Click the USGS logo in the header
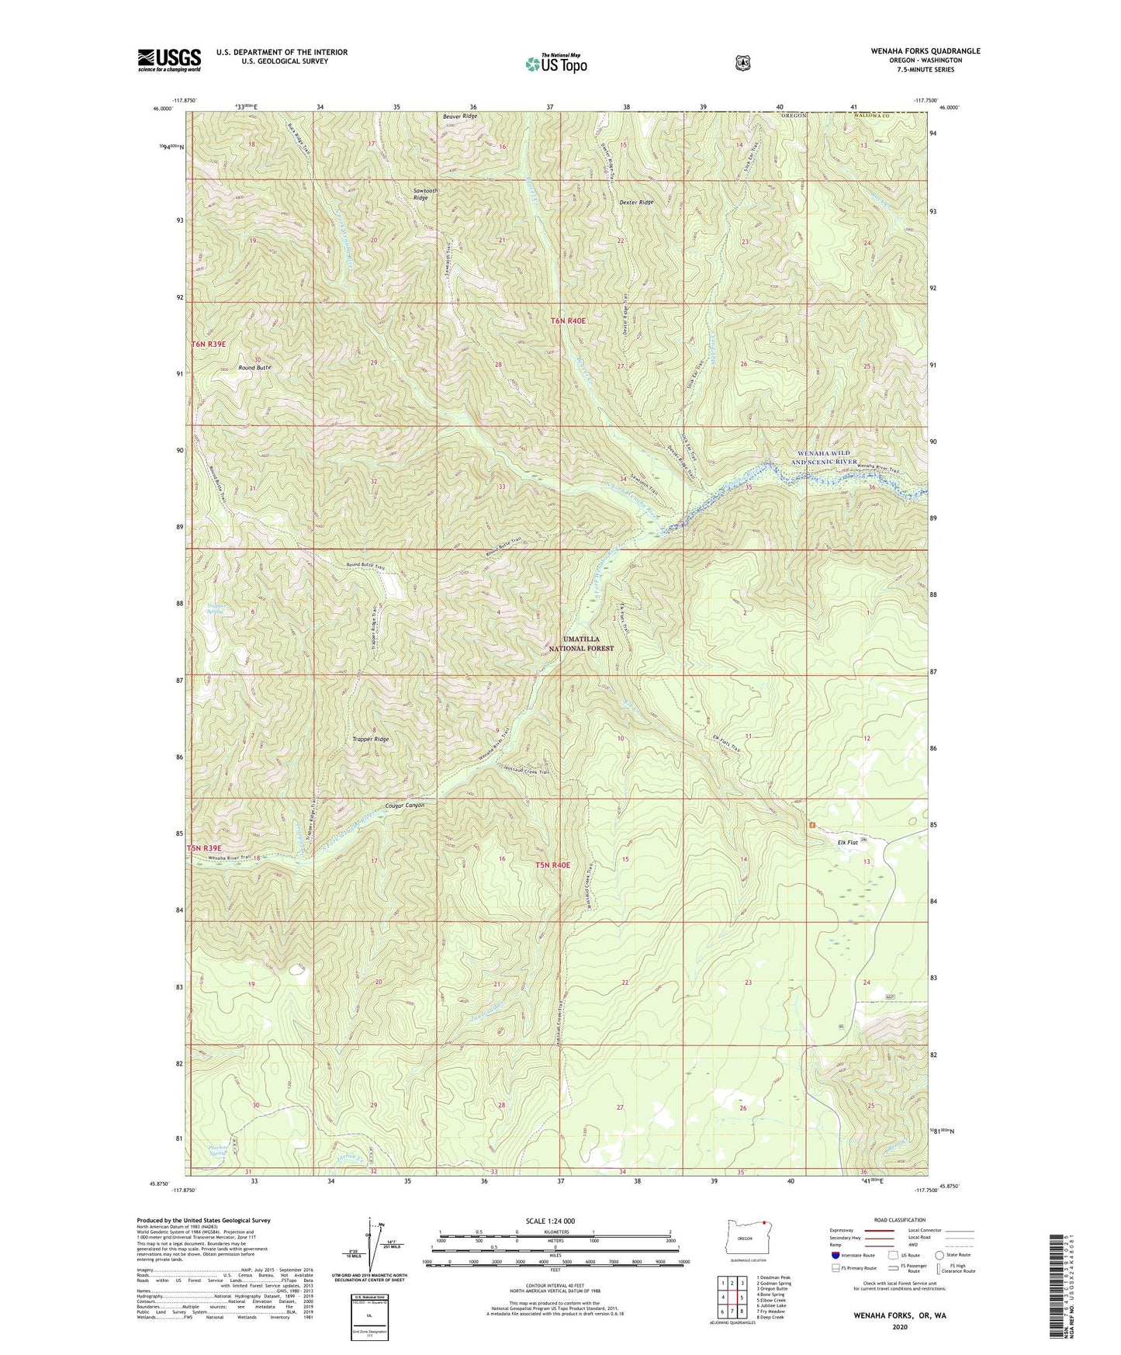coord(169,60)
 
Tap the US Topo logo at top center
coord(555,64)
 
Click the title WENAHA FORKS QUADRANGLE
coord(915,51)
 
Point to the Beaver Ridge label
coord(460,116)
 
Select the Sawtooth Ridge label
coord(425,194)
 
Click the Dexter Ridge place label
coord(636,202)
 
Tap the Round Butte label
coord(254,367)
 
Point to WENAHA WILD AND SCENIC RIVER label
coord(823,457)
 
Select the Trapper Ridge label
coord(370,740)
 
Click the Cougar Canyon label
coord(404,806)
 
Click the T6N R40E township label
coord(568,321)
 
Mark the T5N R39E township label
coord(204,848)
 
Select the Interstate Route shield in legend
coord(835,1254)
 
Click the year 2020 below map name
coord(899,1326)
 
